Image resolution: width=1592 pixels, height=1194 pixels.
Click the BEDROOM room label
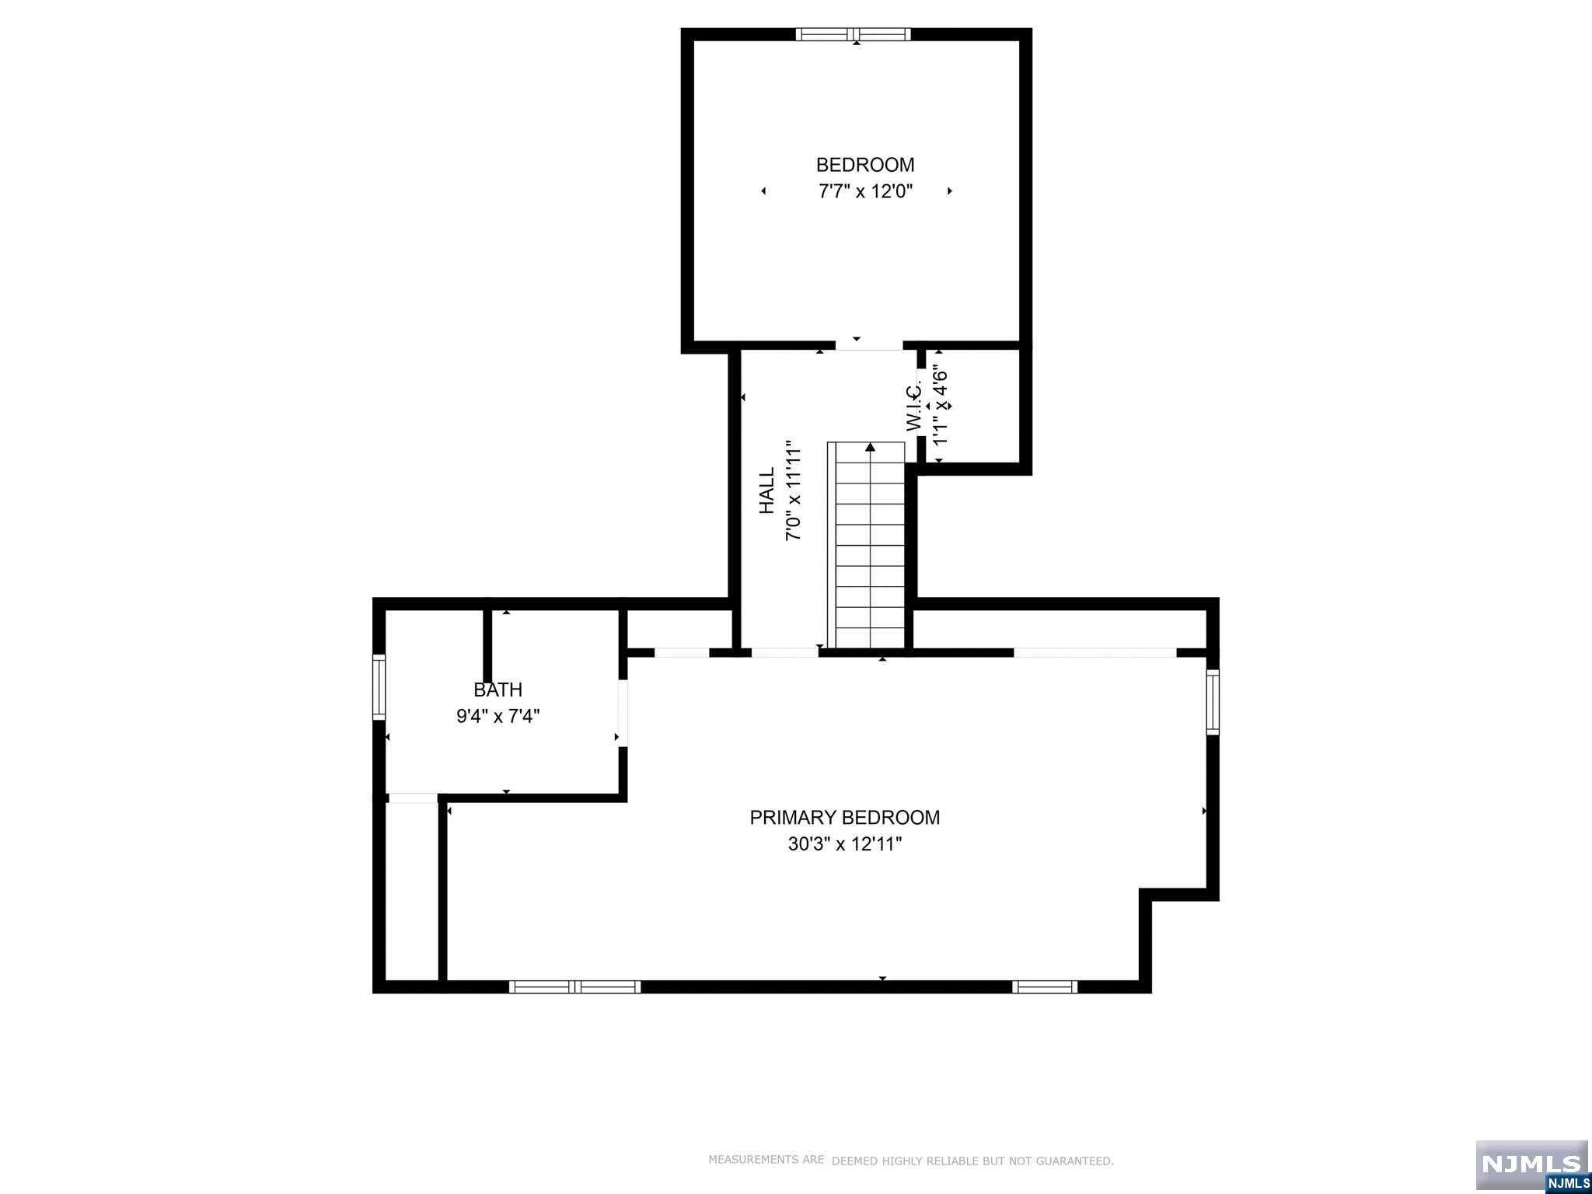865,165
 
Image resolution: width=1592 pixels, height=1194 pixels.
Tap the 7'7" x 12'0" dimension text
865,191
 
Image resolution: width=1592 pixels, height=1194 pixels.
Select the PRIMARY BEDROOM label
845,818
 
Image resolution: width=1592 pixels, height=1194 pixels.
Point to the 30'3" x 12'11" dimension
845,844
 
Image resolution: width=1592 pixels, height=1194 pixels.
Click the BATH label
498,690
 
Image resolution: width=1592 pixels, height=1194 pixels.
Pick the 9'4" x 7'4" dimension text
498,716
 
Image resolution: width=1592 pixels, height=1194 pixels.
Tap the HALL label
767,491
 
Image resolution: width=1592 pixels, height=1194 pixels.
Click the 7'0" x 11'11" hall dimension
793,491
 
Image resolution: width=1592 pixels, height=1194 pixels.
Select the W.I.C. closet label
914,406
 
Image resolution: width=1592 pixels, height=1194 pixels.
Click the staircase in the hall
867,545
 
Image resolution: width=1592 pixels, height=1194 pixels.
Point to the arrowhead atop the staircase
871,447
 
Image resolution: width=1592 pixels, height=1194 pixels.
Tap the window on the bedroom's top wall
854,34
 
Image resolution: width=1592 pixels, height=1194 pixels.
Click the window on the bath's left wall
379,686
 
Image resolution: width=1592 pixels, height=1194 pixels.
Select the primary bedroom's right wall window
1213,702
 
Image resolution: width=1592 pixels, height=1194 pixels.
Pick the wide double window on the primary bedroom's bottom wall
575,987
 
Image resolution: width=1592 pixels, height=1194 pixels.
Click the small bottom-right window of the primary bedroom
1045,987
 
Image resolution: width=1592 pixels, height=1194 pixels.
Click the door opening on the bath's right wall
623,713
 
